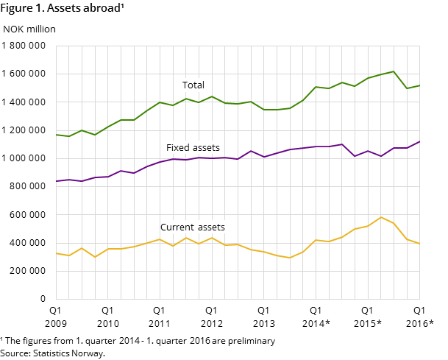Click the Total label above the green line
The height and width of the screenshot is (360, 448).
(x=193, y=85)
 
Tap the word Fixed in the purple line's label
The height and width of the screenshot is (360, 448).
(x=178, y=148)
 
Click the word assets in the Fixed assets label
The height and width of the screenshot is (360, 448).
(x=206, y=148)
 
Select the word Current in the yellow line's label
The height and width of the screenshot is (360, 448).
(x=177, y=227)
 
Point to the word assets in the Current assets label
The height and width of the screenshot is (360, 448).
(x=210, y=227)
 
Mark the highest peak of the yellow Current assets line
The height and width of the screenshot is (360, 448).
(x=381, y=217)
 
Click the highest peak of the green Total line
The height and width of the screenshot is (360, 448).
(x=394, y=71)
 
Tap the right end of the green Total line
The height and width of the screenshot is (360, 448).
(x=419, y=85)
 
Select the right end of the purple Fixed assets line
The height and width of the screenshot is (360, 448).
(x=419, y=141)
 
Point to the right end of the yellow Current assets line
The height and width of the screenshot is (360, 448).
(x=419, y=244)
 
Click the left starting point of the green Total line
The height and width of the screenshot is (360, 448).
(x=56, y=135)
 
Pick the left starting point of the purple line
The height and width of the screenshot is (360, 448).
(x=56, y=181)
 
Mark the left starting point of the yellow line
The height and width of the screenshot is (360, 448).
(x=56, y=253)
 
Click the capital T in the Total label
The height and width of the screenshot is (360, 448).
(x=185, y=85)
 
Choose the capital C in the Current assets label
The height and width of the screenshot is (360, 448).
(x=163, y=227)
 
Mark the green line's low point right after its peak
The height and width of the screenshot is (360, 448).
(x=407, y=88)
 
